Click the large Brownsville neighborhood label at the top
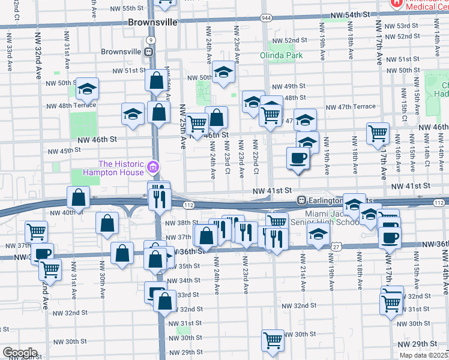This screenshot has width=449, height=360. pyautogui.click(x=152, y=22)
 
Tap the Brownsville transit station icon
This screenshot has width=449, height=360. pyautogui.click(x=148, y=52)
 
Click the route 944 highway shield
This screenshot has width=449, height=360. pyautogui.click(x=265, y=19)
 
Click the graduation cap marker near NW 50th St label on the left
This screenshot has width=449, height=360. pyautogui.click(x=88, y=89)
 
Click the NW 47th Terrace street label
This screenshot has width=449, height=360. pyautogui.click(x=351, y=107)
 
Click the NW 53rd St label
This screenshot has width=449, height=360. pyautogui.click(x=402, y=26)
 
